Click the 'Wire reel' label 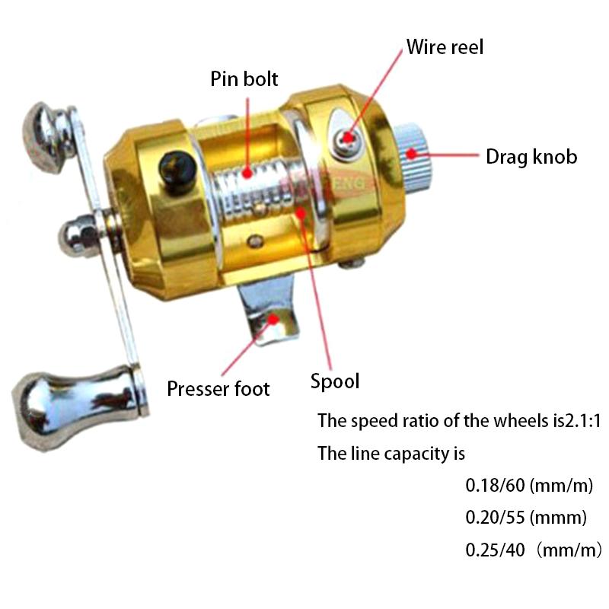pos(445,47)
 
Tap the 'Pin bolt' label pos(244,79)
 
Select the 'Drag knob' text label pos(531,158)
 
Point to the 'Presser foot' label pos(218,389)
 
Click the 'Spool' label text pos(335,381)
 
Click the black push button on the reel pos(177,171)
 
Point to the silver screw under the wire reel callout pos(348,139)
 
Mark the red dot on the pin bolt pos(247,173)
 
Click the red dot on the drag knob pos(410,155)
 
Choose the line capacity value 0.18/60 pos(495,486)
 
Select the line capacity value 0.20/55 pos(495,518)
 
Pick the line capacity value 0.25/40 pos(495,550)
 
